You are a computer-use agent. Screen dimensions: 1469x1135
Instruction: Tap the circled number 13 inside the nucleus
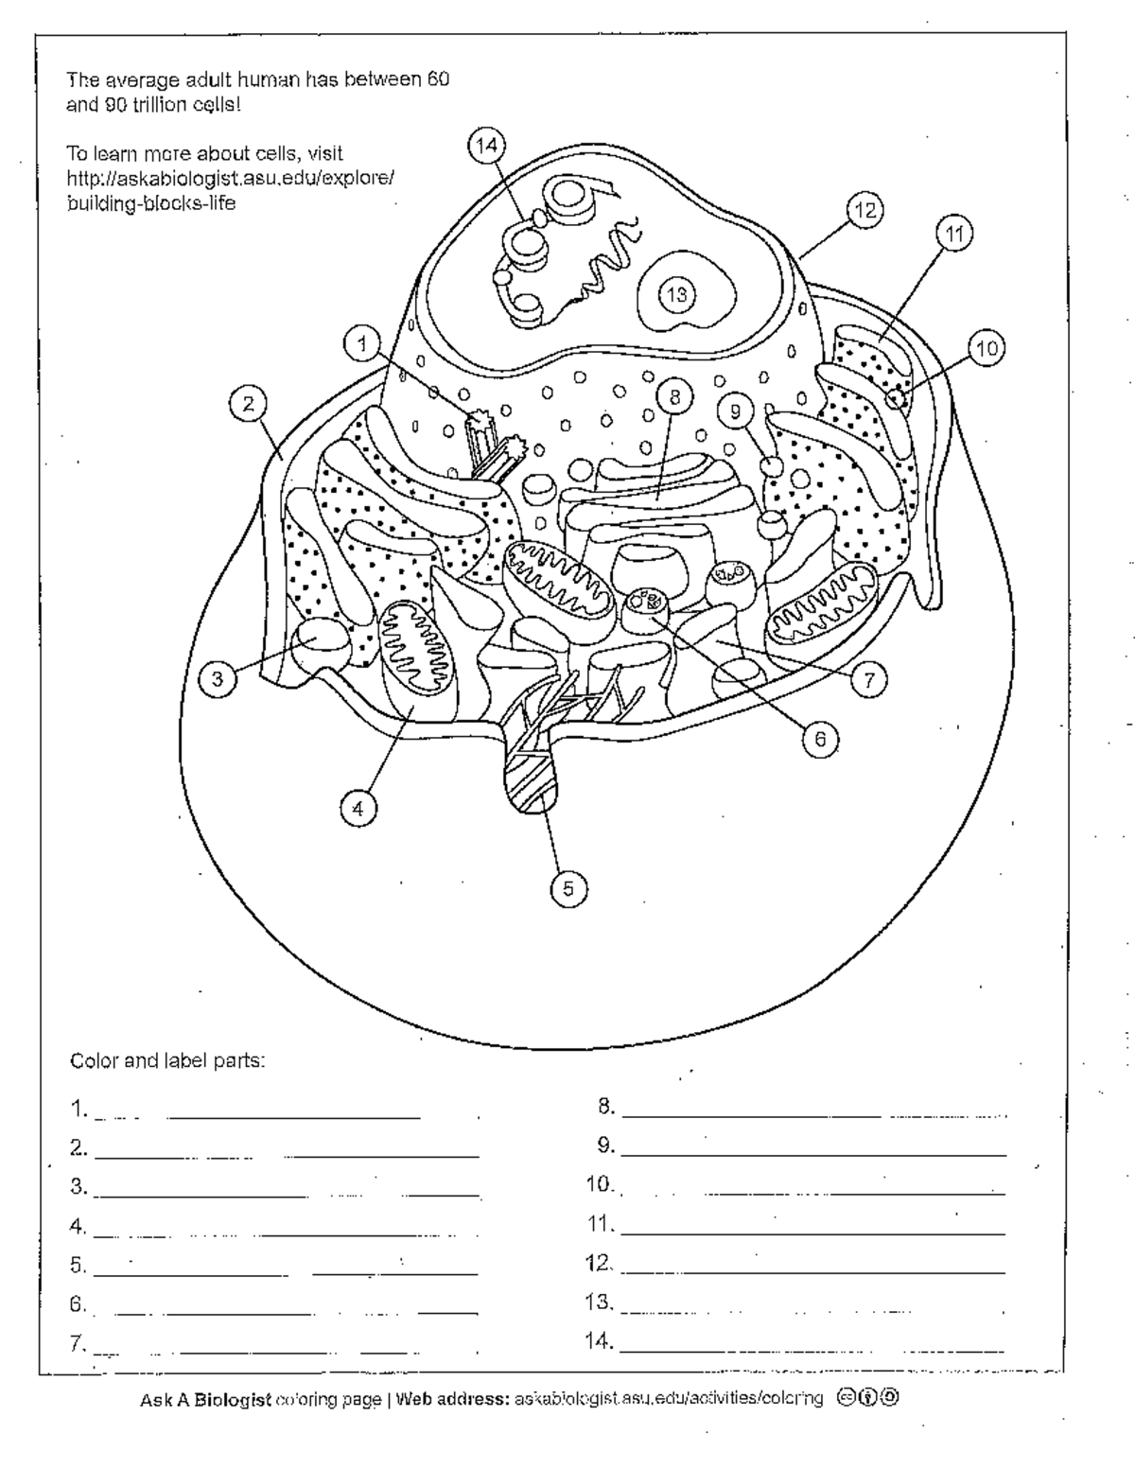[x=676, y=294]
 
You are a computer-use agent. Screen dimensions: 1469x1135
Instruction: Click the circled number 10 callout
[x=986, y=349]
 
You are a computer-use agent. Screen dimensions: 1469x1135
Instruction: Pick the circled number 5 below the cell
[x=568, y=888]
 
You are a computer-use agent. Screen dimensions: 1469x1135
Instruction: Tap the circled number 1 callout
[x=363, y=343]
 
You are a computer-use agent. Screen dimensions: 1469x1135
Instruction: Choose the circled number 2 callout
[x=248, y=405]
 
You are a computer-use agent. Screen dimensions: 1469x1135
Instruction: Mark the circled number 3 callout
[x=218, y=678]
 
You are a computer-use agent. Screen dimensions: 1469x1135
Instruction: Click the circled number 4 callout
[x=358, y=808]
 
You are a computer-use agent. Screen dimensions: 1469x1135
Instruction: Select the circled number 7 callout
[x=869, y=677]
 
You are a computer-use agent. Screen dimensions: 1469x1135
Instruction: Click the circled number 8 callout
[x=675, y=397]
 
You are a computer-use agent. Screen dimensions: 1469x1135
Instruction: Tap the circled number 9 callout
[x=736, y=410]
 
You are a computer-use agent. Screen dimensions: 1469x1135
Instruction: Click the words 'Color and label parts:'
[x=167, y=1060]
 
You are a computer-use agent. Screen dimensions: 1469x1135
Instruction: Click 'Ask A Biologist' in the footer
[x=205, y=1398]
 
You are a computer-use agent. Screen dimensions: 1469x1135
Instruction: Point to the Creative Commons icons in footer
[x=866, y=1397]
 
